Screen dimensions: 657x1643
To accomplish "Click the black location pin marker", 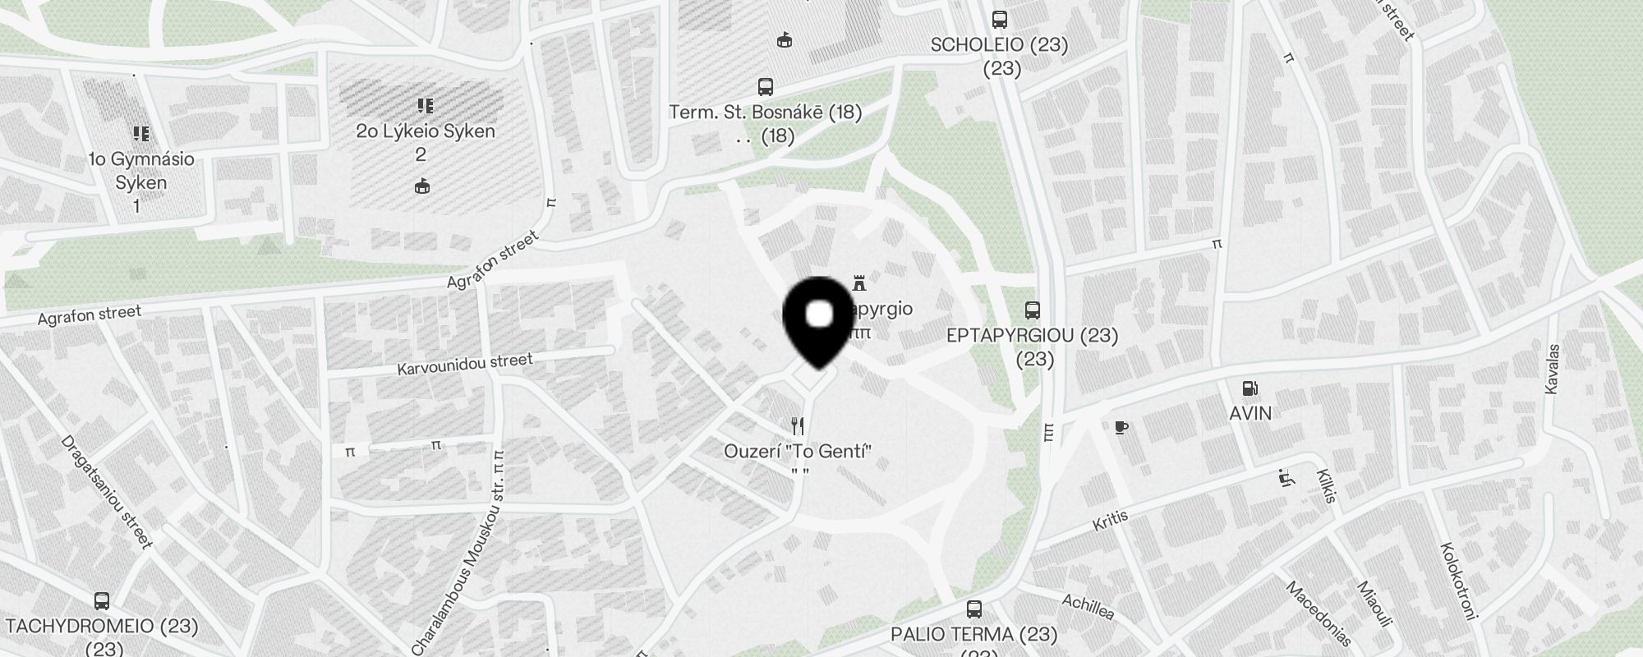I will (x=819, y=320).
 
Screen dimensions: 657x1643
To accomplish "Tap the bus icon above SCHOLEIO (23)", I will (x=1000, y=20).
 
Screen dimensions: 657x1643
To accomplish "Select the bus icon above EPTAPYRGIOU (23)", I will (x=1033, y=310).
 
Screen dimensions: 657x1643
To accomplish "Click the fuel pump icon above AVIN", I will (x=1250, y=388).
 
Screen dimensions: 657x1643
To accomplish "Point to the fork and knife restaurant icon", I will (x=797, y=425).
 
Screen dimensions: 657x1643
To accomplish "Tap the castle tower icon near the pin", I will (x=859, y=283).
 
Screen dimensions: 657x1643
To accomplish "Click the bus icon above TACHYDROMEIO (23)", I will (x=102, y=601).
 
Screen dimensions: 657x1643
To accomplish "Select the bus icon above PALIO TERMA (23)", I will (x=974, y=609).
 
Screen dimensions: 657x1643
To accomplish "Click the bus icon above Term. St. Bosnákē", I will (x=766, y=86).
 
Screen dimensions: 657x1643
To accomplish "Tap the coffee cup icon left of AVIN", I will (x=1121, y=427).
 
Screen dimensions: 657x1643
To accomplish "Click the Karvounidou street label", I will (x=465, y=364).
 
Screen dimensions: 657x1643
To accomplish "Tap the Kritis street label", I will (x=1111, y=520).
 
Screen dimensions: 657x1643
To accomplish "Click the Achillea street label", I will (x=1088, y=607).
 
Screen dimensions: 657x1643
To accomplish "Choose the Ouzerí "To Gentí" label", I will (x=797, y=451).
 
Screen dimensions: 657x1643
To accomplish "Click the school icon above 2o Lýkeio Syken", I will (x=425, y=105).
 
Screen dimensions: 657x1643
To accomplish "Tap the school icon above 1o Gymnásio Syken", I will (x=140, y=133).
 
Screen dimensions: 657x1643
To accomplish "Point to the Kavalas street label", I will (x=1552, y=369).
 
